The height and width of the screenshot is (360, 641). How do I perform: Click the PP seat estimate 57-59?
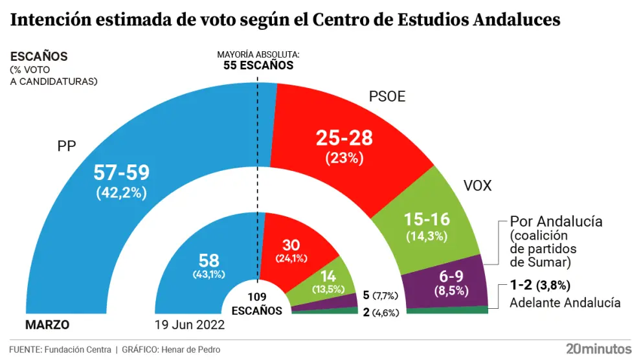tap(122, 172)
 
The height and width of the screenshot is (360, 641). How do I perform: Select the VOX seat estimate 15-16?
tap(426, 219)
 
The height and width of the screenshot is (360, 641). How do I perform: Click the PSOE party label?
tap(387, 97)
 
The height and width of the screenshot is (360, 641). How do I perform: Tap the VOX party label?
tap(478, 186)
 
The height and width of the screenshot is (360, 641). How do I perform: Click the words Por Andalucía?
tap(556, 221)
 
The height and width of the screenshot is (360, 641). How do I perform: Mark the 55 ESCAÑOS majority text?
tap(258, 65)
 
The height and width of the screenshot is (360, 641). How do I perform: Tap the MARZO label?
tap(47, 325)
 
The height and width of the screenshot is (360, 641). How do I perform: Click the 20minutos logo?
tap(598, 348)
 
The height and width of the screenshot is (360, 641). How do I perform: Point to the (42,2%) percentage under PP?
tap(122, 192)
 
